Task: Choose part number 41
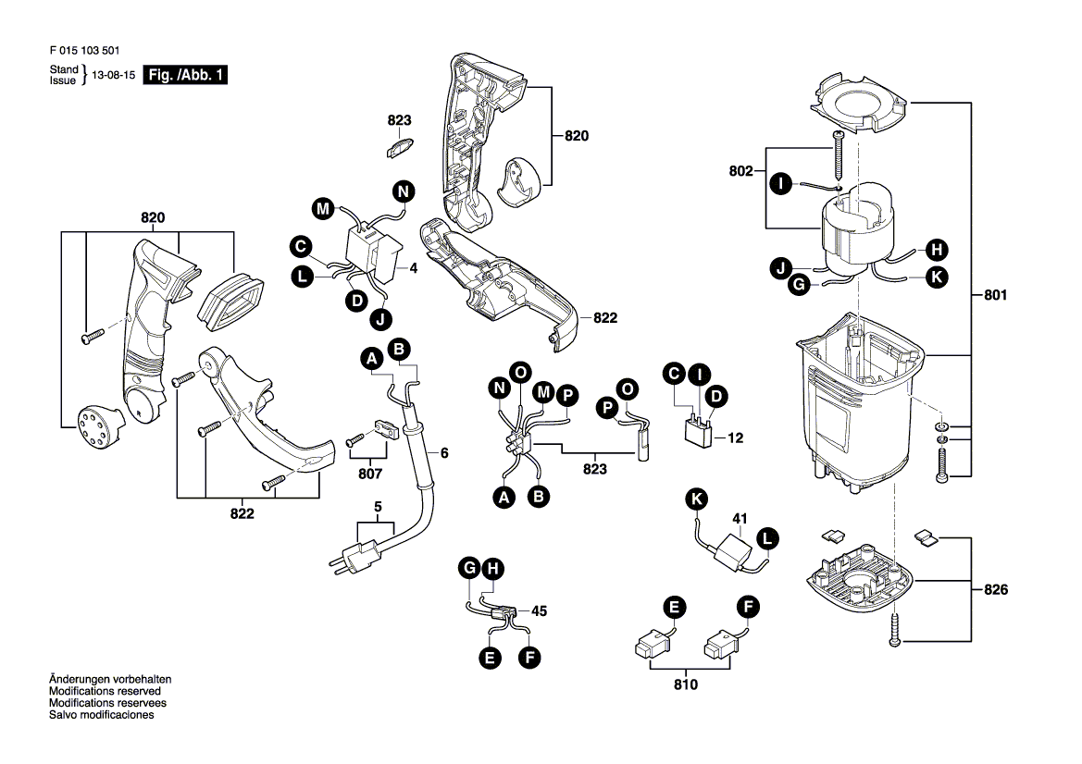point(740,519)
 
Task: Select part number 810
point(686,684)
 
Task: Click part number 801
point(996,296)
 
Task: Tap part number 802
point(740,171)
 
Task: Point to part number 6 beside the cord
point(443,453)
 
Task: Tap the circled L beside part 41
point(767,537)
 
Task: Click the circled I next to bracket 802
point(780,184)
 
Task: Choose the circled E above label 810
point(674,607)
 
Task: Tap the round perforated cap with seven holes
point(94,425)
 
